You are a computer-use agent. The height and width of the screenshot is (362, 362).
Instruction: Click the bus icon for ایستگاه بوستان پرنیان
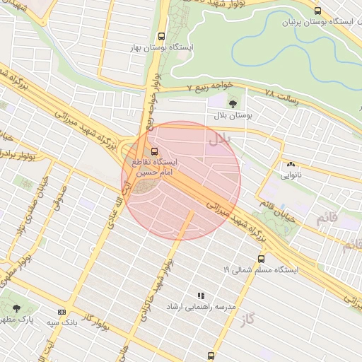pos(317,11)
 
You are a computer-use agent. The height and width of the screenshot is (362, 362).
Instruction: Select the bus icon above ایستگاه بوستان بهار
pos(162,36)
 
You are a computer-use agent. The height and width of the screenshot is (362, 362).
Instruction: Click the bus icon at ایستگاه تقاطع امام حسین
pos(154,151)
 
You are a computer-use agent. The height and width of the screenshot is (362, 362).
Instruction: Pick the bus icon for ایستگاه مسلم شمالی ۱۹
pos(261,259)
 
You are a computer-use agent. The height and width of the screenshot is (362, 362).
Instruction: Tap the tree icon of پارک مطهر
pos(16,309)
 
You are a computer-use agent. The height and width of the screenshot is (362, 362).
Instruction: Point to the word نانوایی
pos(291,175)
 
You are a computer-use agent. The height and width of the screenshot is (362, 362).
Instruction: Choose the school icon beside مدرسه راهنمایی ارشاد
pos(201,296)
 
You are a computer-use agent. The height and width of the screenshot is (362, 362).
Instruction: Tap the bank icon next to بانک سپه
pos(62,312)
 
